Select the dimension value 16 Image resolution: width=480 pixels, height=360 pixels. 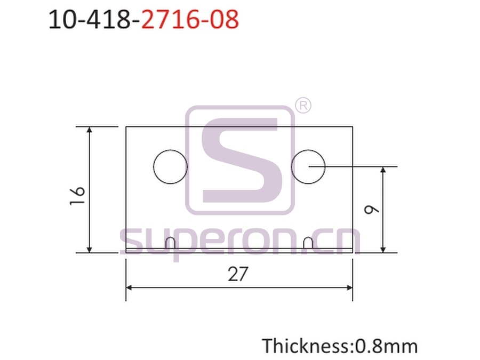[77, 195]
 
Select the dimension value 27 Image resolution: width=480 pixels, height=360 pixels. [238, 274]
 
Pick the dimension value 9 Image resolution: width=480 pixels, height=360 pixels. [372, 210]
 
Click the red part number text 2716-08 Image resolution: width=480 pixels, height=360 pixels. [190, 20]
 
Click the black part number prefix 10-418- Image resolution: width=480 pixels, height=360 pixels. [94, 20]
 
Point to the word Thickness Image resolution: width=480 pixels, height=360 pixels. [306, 346]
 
